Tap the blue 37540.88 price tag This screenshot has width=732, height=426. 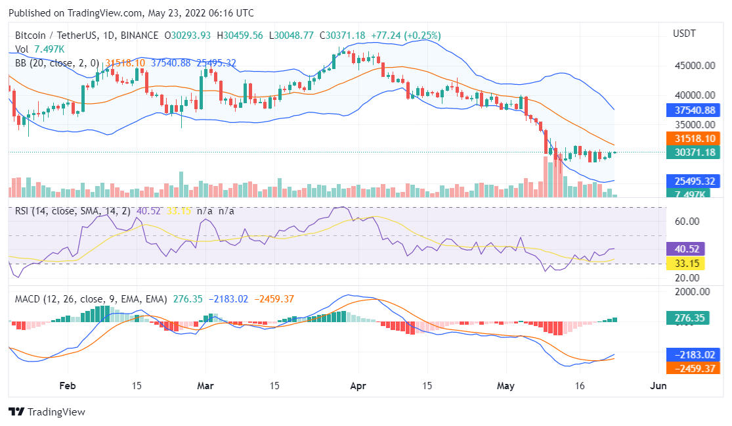click(x=693, y=110)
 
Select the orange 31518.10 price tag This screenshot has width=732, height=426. click(x=693, y=139)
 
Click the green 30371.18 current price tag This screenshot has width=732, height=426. click(x=693, y=153)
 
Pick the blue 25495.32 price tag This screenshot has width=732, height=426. click(x=693, y=181)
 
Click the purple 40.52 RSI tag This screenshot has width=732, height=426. click(x=685, y=250)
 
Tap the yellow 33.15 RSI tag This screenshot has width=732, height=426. click(x=685, y=264)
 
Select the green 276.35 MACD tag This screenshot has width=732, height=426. click(x=690, y=318)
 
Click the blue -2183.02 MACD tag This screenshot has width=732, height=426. click(x=693, y=354)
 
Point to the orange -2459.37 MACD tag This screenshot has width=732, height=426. click(x=693, y=368)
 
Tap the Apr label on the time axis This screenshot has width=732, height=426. click(x=357, y=386)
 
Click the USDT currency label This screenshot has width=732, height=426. click(x=685, y=34)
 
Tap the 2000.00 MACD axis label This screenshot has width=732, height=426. click(x=692, y=292)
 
